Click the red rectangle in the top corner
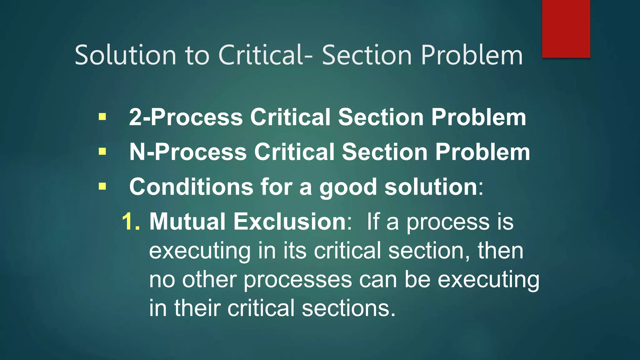point(566,29)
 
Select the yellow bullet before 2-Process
point(102,117)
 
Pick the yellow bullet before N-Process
point(102,152)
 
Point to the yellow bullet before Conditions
point(102,187)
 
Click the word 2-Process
point(186,117)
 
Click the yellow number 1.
point(131,222)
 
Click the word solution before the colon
point(431,187)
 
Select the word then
point(500,251)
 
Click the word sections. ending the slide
point(349,308)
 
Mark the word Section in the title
point(367,55)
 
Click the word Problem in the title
point(472,55)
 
